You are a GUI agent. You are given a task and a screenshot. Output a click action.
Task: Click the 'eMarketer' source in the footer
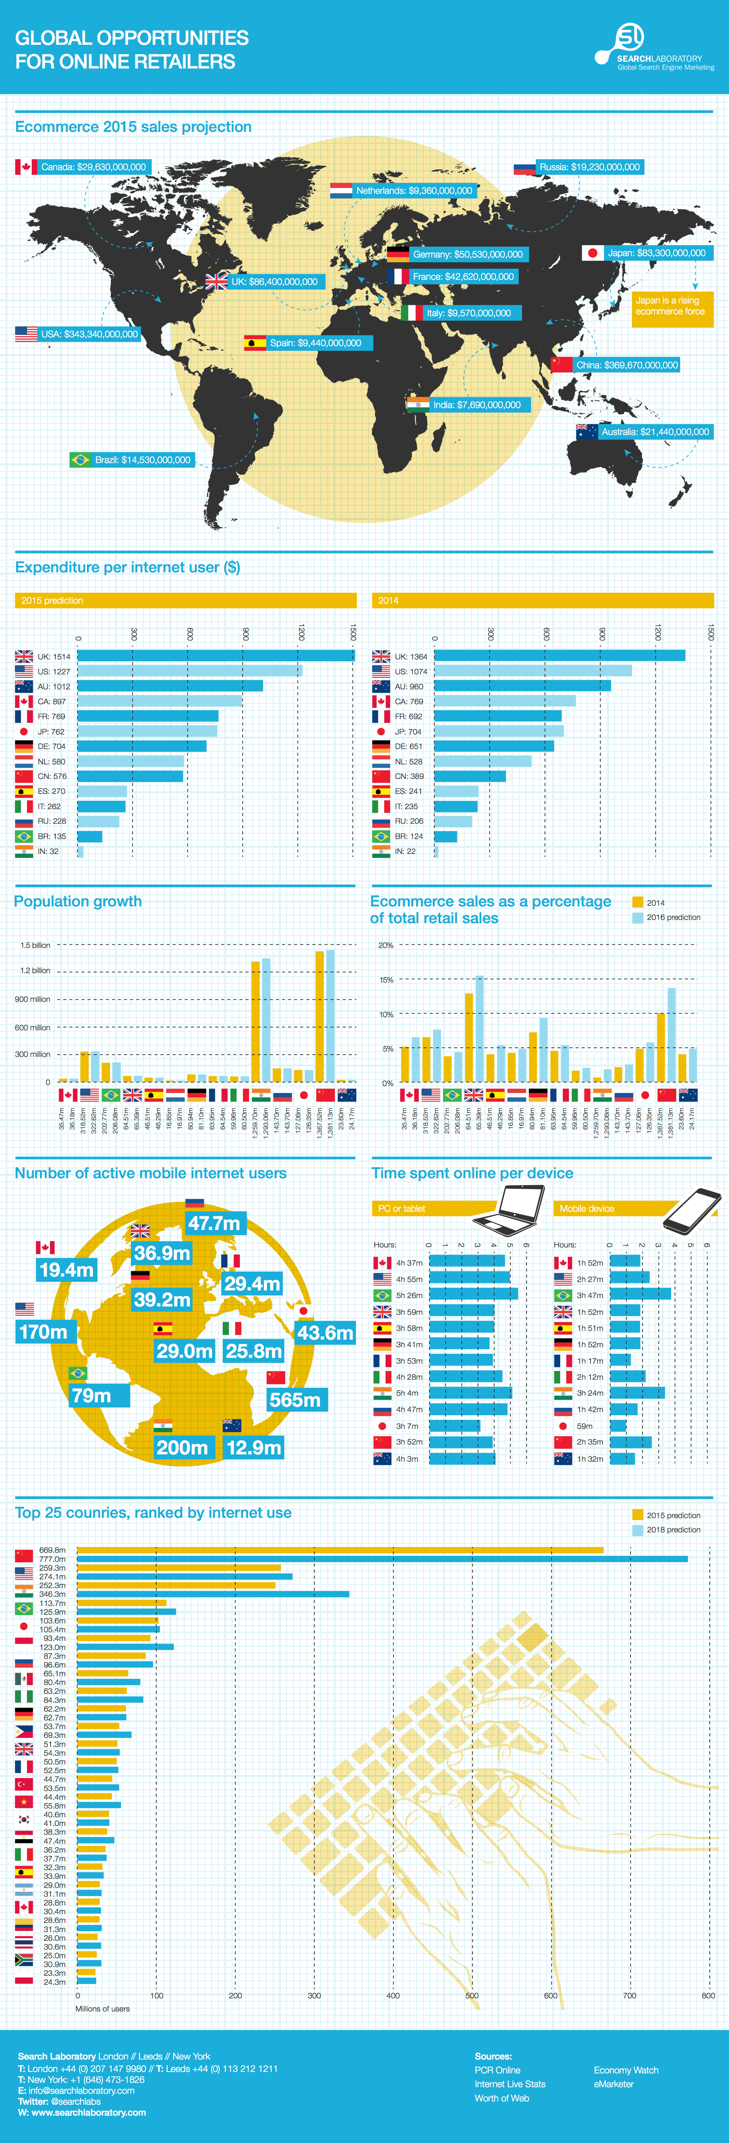[613, 2084]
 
